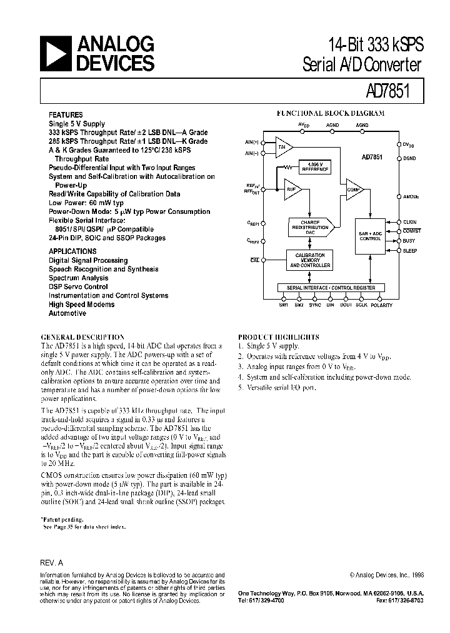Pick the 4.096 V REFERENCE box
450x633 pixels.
pyautogui.click(x=315, y=167)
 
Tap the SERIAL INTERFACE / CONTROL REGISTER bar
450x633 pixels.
pyautogui.click(x=331, y=288)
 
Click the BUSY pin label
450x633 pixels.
pyautogui.click(x=409, y=240)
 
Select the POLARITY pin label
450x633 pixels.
pyautogui.click(x=382, y=305)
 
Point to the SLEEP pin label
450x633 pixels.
pyautogui.click(x=410, y=250)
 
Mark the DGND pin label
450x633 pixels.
pyautogui.click(x=409, y=158)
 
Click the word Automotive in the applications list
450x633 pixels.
pyautogui.click(x=67, y=313)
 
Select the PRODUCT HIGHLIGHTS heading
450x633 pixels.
pyautogui.click(x=278, y=337)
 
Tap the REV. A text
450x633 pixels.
pyautogui.click(x=52, y=562)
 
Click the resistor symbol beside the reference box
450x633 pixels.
pyautogui.click(x=288, y=167)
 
